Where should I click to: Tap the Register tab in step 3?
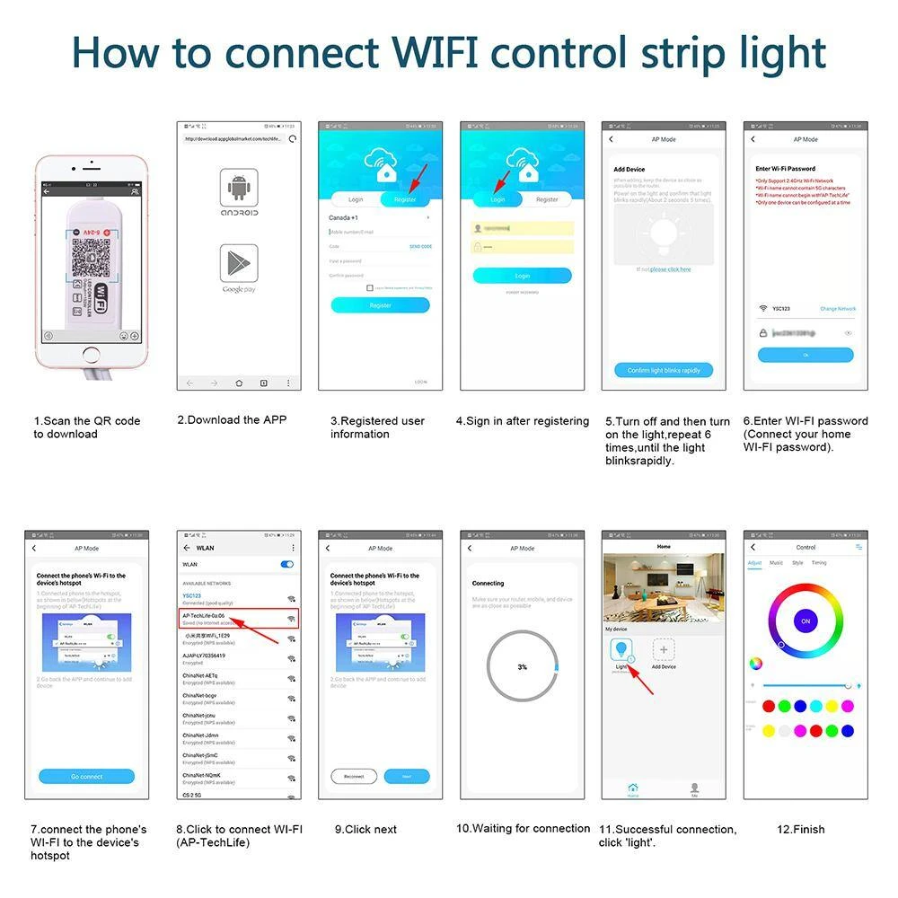coord(405,199)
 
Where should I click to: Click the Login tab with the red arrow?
coord(497,199)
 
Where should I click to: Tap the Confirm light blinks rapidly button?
coord(664,370)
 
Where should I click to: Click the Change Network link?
coord(837,309)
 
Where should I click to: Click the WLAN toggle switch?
coord(287,564)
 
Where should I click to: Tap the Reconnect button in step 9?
coord(354,776)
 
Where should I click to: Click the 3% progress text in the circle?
coord(522,667)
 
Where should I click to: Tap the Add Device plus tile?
coord(664,650)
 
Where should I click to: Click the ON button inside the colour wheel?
coord(806,621)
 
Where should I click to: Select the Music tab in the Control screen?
coord(776,563)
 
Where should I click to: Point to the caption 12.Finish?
coord(800,829)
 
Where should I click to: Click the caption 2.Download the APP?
coord(232,419)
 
